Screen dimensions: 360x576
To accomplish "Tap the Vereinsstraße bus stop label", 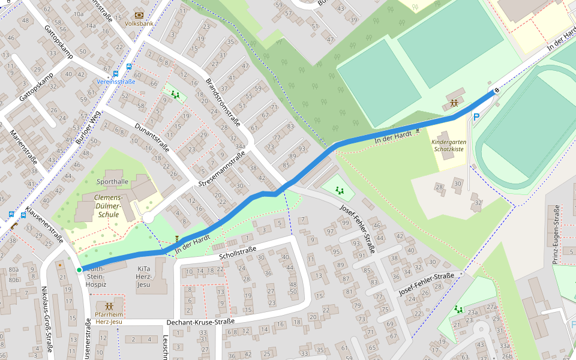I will pos(116,81).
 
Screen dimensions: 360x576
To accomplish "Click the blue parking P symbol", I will pos(476,118).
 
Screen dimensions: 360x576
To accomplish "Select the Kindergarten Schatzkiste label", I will pos(448,145).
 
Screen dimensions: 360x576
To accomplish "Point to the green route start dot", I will pos(79,270).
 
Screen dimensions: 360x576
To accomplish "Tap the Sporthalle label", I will pos(112,181).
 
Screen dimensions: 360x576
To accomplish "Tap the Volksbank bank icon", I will pos(139,15).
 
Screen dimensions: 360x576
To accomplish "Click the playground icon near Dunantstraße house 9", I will pos(175,94).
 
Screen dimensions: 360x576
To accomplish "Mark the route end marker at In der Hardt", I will pos(496,91).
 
